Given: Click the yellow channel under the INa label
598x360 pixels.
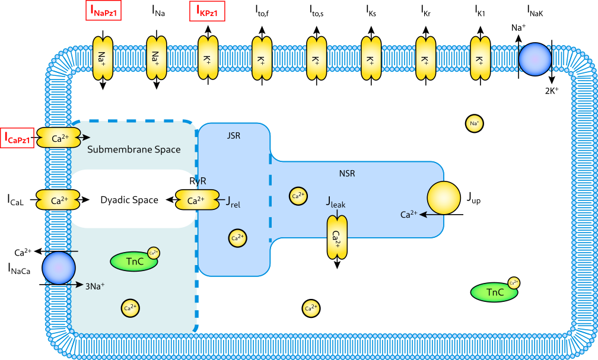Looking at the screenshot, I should click(x=156, y=58).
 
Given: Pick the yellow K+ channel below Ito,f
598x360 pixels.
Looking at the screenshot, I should click(x=262, y=58).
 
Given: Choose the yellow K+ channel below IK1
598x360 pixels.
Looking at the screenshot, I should click(x=480, y=58).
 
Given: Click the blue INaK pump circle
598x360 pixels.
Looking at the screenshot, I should click(x=535, y=59).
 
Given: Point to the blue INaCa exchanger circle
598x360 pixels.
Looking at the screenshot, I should click(x=58, y=267).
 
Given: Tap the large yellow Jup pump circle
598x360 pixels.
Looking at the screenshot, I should click(x=444, y=197).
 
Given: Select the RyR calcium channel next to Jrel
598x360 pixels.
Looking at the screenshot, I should click(x=193, y=200).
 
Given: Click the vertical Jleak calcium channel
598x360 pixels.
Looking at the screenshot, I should click(x=336, y=238).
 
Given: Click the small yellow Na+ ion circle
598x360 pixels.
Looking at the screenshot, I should click(x=474, y=123).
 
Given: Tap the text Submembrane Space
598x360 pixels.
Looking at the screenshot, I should click(x=133, y=149).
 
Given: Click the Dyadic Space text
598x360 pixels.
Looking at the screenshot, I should click(x=129, y=200).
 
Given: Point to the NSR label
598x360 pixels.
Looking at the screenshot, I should click(x=347, y=174).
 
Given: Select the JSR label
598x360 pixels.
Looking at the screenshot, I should click(x=234, y=136).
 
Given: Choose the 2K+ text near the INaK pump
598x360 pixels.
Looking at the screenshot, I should click(x=552, y=91).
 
